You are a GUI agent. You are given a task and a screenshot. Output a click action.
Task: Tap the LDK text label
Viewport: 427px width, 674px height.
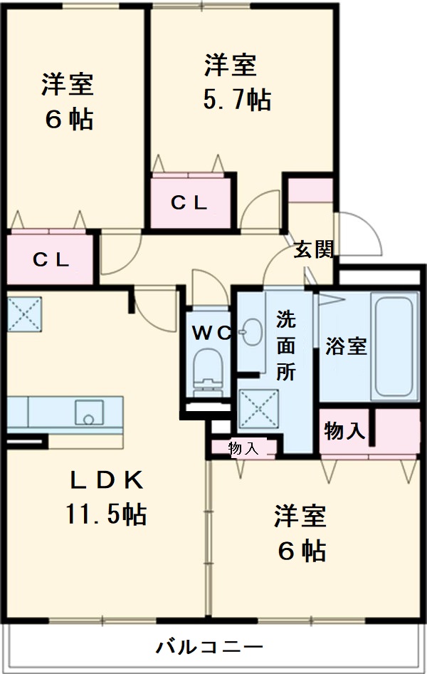[107, 482]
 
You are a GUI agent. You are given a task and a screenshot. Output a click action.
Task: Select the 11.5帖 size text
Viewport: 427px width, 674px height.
[107, 513]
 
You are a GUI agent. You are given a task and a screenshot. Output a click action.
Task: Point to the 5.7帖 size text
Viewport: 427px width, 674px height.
[236, 100]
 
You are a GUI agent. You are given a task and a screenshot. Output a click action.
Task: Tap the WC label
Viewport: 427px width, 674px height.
[211, 333]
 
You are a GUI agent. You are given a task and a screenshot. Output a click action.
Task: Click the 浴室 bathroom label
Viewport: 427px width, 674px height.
[346, 346]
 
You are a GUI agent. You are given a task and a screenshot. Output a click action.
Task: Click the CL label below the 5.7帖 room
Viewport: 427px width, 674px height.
[189, 202]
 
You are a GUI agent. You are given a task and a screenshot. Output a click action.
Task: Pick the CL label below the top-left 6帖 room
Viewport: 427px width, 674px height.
[51, 260]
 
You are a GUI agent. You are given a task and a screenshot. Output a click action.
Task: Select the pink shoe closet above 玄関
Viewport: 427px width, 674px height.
[310, 191]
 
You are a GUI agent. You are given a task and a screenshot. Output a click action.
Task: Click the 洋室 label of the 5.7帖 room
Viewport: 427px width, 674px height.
[230, 66]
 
